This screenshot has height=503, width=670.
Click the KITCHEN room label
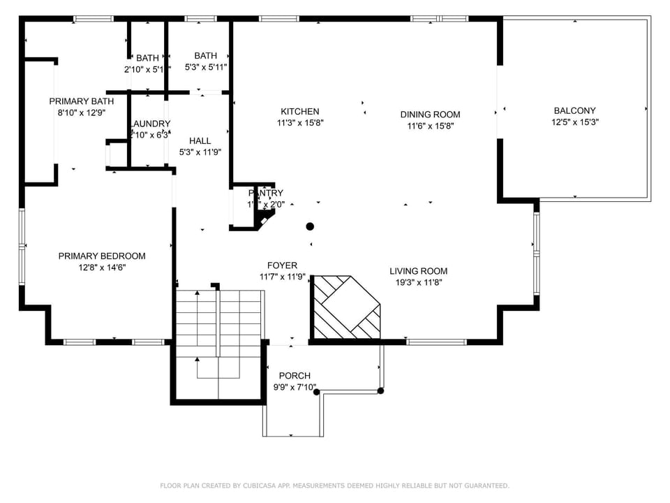pyautogui.click(x=299, y=112)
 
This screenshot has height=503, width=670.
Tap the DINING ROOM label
pyautogui.click(x=430, y=115)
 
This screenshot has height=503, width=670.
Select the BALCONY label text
pyautogui.click(x=574, y=110)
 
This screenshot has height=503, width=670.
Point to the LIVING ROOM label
pyautogui.click(x=418, y=271)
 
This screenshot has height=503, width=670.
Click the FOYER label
pyautogui.click(x=282, y=265)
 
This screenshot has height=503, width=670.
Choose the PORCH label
pyautogui.click(x=294, y=376)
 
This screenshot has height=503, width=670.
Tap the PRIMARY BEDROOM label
pyautogui.click(x=102, y=256)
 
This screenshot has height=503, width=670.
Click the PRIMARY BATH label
pyautogui.click(x=81, y=101)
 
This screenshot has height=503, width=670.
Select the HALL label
pyautogui.click(x=200, y=141)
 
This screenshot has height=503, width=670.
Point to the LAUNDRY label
pyautogui.click(x=151, y=124)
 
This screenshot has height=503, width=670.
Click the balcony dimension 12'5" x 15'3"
pyautogui.click(x=574, y=122)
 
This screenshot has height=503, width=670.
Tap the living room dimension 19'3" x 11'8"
pyautogui.click(x=418, y=282)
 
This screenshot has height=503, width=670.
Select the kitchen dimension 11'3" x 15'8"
pyautogui.click(x=299, y=123)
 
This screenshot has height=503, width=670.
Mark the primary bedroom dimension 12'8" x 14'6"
pyautogui.click(x=102, y=267)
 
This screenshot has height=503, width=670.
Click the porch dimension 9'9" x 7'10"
pyautogui.click(x=294, y=387)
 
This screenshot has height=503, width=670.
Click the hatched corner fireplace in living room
pyautogui.click(x=345, y=307)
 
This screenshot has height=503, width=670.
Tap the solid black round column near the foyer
pyautogui.click(x=310, y=226)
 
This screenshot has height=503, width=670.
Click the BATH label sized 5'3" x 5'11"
pyautogui.click(x=205, y=56)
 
